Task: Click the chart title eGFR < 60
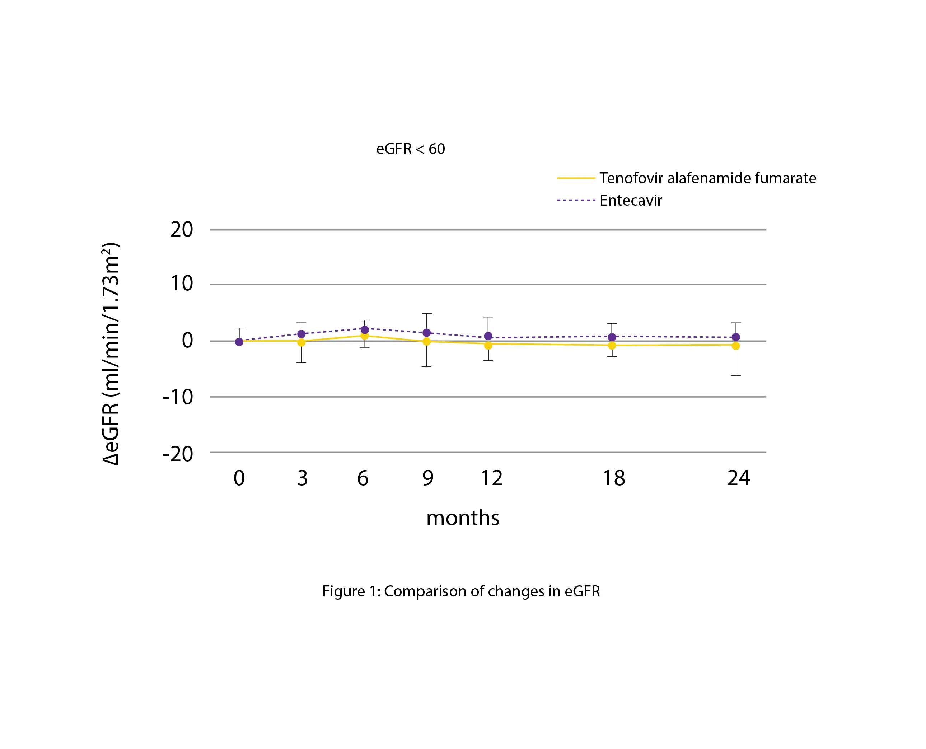pos(410,149)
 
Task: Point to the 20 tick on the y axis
pos(182,230)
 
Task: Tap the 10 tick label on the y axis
pos(182,284)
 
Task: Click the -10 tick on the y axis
pos(178,397)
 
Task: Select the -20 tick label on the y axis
pos(178,454)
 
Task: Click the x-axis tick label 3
pos(303,478)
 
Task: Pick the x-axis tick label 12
pos(491,478)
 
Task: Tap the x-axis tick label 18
pos(614,478)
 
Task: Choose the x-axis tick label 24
pos(738,478)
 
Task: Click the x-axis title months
pos(463,518)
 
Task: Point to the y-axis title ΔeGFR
pos(111,354)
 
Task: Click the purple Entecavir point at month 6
pos(365,329)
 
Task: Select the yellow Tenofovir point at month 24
pos(736,346)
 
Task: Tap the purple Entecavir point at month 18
pos(612,337)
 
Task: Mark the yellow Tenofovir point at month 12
pos(488,345)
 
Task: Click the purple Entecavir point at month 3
pos(301,334)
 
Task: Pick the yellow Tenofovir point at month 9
pos(426,341)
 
